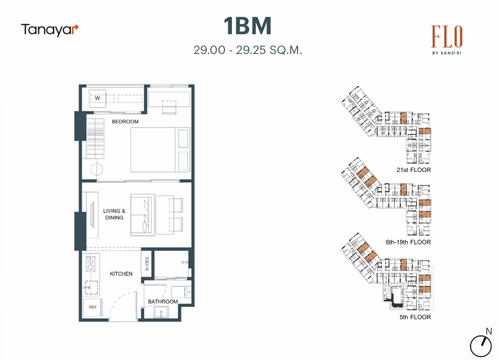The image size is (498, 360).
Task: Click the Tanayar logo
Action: pos(49,29)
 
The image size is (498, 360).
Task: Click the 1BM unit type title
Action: pos(248,26)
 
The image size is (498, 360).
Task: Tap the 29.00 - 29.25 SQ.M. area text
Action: pos(248,50)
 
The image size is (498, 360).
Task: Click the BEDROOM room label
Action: pos(125,121)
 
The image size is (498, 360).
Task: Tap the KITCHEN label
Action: pos(121,273)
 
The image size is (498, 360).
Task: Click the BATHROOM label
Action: pos(162,301)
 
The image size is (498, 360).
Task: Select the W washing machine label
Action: pos(98,98)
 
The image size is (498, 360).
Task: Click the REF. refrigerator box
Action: pos(93,307)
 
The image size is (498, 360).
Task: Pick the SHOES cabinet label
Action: pos(147,265)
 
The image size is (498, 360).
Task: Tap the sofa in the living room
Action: pos(142,214)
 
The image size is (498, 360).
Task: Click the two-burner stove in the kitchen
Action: pos(91,263)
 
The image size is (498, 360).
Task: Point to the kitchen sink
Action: pos(91,286)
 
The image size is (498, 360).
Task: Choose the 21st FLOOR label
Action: pos(413,170)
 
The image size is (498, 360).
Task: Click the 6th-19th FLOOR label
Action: pos(408,242)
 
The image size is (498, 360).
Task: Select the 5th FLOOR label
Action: pos(415,317)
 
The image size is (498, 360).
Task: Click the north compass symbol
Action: pos(481,345)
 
